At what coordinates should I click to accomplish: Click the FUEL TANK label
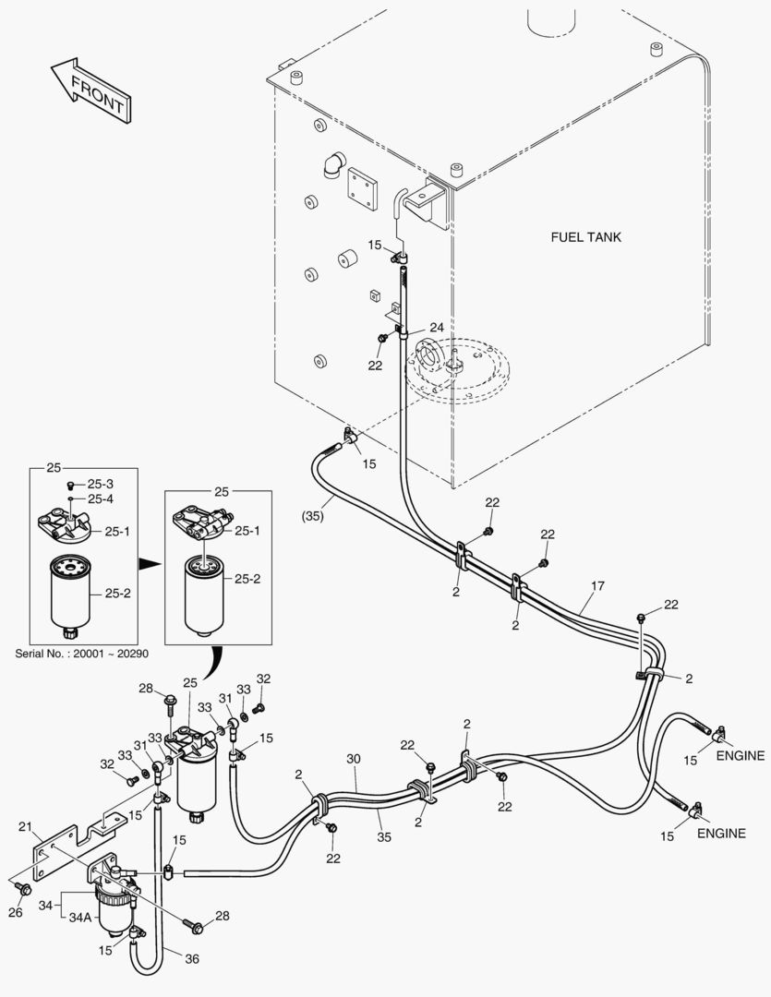585,237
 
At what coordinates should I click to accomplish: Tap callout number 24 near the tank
437,328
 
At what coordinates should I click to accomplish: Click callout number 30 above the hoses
353,758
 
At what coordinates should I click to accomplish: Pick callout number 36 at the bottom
192,959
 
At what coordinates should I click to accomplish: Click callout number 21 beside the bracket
25,826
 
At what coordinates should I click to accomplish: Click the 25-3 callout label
100,484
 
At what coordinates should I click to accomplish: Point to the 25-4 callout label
100,499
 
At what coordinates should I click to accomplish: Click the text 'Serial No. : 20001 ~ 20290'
82,654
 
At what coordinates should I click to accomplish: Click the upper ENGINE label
741,756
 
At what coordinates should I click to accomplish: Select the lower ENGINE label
721,834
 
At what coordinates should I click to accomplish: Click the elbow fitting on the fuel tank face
333,165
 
